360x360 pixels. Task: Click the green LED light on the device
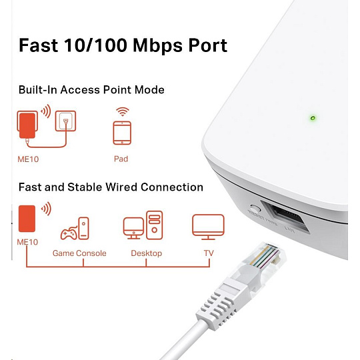(x=313, y=118)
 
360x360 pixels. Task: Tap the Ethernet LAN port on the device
(x=285, y=217)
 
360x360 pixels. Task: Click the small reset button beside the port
(x=255, y=208)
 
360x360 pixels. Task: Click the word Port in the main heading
(x=207, y=45)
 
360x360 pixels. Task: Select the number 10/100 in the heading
(x=95, y=45)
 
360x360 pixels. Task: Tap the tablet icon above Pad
(x=122, y=133)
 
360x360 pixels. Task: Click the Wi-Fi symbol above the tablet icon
(x=122, y=111)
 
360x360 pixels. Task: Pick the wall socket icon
(x=65, y=121)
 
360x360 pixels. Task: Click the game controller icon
(x=68, y=233)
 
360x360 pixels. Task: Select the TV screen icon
(x=208, y=227)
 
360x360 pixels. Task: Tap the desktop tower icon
(x=154, y=225)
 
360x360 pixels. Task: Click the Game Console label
(x=79, y=253)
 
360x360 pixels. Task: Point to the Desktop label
(x=147, y=253)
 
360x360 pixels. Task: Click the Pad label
(x=121, y=159)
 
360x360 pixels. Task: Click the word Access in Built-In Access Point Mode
(x=80, y=89)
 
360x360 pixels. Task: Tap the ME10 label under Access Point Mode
(x=28, y=159)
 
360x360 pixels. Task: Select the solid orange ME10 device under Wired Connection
(x=27, y=219)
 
